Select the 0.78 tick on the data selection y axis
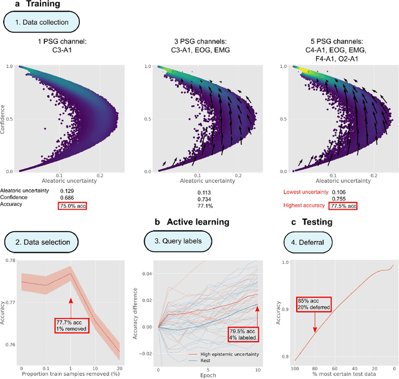click(11, 260)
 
